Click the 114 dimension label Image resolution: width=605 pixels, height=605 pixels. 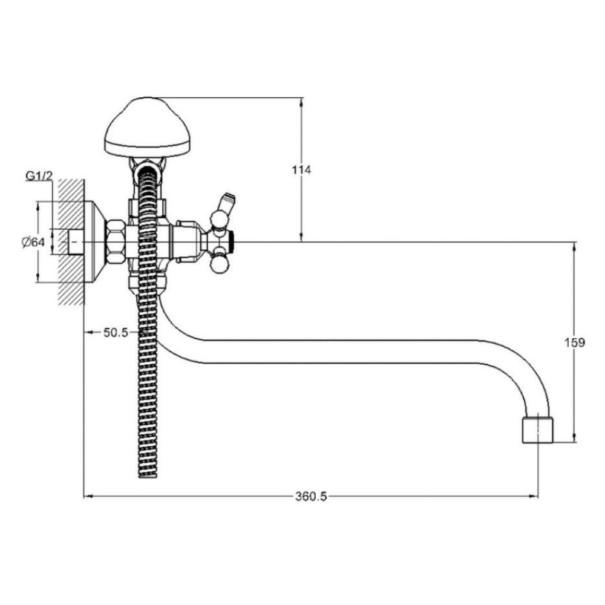pos(301,170)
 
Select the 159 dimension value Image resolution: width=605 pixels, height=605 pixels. pos(575,342)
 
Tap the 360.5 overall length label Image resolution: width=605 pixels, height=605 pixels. pos(311,496)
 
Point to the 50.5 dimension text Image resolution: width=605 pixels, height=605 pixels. pos(116,333)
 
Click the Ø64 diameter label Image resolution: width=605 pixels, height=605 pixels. pos(33,243)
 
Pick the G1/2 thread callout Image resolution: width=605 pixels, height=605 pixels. pos(39,176)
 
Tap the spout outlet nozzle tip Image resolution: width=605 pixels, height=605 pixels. pos(537,430)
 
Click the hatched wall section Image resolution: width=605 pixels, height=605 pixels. pos(71,242)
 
